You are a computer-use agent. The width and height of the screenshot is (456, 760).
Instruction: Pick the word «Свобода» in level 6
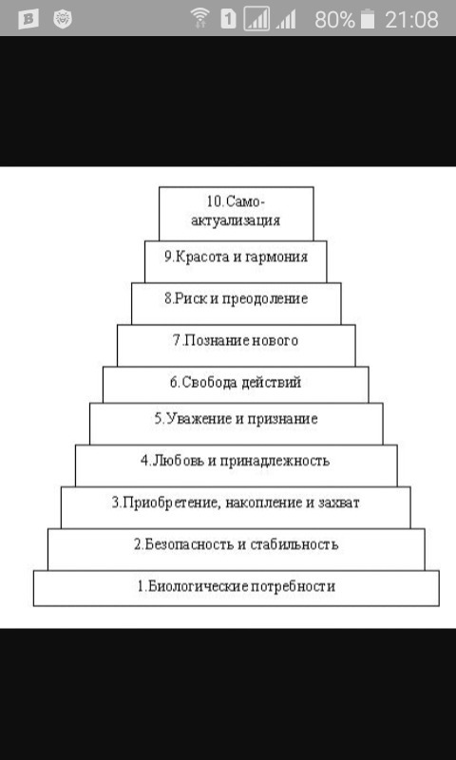pyautogui.click(x=209, y=383)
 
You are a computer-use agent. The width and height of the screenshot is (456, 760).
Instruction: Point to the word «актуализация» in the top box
pyautogui.click(x=236, y=221)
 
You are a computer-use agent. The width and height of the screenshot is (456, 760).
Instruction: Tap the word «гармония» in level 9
pyautogui.click(x=277, y=256)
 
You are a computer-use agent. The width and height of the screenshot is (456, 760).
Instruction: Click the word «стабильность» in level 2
pyautogui.click(x=294, y=544)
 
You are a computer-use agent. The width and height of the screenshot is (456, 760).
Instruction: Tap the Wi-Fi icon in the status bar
pyautogui.click(x=199, y=18)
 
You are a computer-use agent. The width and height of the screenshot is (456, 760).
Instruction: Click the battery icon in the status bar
pyautogui.click(x=369, y=19)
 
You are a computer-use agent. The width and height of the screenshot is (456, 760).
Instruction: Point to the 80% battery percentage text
pyautogui.click(x=334, y=20)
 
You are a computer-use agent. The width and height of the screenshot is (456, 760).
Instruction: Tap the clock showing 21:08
pyautogui.click(x=412, y=20)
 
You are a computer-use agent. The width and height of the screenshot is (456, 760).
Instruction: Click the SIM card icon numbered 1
pyautogui.click(x=228, y=19)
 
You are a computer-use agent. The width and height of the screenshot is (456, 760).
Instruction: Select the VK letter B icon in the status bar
pyautogui.click(x=28, y=19)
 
